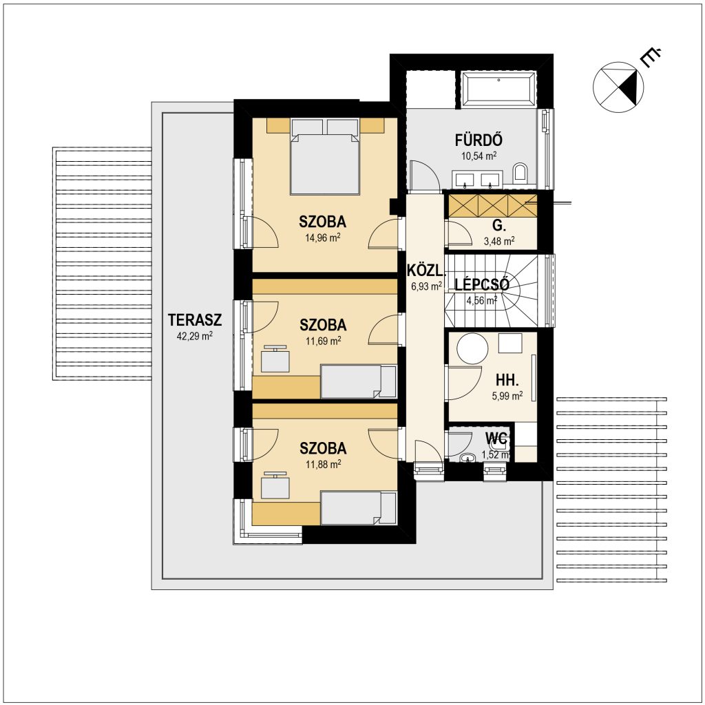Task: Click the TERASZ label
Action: tap(195, 320)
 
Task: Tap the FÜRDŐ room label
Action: tap(478, 140)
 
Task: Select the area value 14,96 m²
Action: tap(323, 238)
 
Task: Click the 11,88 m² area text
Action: tap(324, 464)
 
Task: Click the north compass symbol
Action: tap(619, 87)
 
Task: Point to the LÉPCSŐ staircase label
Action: tap(481, 284)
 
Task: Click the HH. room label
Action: tap(507, 380)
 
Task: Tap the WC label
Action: tap(496, 437)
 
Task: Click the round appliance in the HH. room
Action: tap(472, 348)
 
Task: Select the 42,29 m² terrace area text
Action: tap(195, 336)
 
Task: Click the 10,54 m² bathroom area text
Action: tap(479, 156)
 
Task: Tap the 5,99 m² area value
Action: tap(507, 396)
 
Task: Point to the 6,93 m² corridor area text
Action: tap(426, 286)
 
